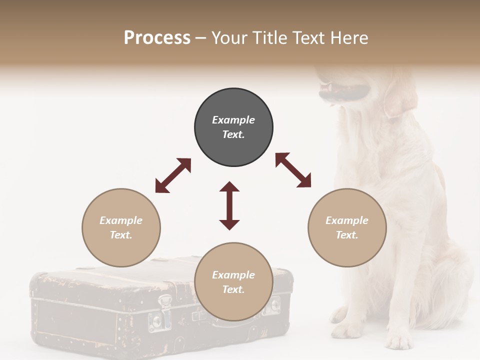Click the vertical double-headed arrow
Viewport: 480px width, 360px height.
click(x=229, y=205)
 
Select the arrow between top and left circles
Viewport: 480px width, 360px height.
click(x=173, y=175)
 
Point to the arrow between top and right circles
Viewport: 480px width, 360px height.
click(x=293, y=170)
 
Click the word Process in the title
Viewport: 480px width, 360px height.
click(x=157, y=37)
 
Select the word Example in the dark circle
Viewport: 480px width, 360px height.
click(x=233, y=120)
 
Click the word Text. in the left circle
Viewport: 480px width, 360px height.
click(x=121, y=235)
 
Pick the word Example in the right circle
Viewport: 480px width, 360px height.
click(x=347, y=220)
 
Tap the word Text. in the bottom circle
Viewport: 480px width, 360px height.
click(x=233, y=289)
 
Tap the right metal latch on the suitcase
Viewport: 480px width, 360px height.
click(x=275, y=304)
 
